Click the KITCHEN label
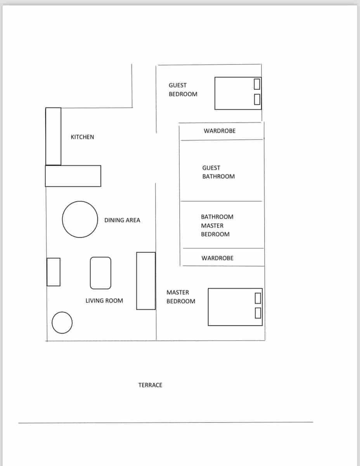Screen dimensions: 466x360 pos(82,137)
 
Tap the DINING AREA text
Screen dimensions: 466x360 pos(122,220)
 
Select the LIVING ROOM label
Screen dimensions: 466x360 pos(104,301)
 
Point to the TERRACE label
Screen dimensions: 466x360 pos(150,385)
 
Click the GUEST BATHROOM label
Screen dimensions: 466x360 pos(218,172)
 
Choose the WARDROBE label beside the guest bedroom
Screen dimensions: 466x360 pos(219,131)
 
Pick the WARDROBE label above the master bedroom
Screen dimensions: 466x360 pos(217,258)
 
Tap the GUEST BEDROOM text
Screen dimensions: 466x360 pos(183,90)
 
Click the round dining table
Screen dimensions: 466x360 pos(80,219)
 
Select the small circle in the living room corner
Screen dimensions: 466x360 pos(62,323)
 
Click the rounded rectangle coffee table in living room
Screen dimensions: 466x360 pos(100,273)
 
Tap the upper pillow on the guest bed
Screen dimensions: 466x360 pos(256,83)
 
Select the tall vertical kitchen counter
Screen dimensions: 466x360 pos(53,136)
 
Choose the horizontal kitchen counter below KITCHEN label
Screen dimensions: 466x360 pos(73,176)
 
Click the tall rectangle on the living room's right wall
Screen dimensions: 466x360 pos(146,281)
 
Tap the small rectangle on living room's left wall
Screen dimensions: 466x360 pos(54,272)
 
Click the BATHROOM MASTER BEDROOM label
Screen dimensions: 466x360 pos(217,226)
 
